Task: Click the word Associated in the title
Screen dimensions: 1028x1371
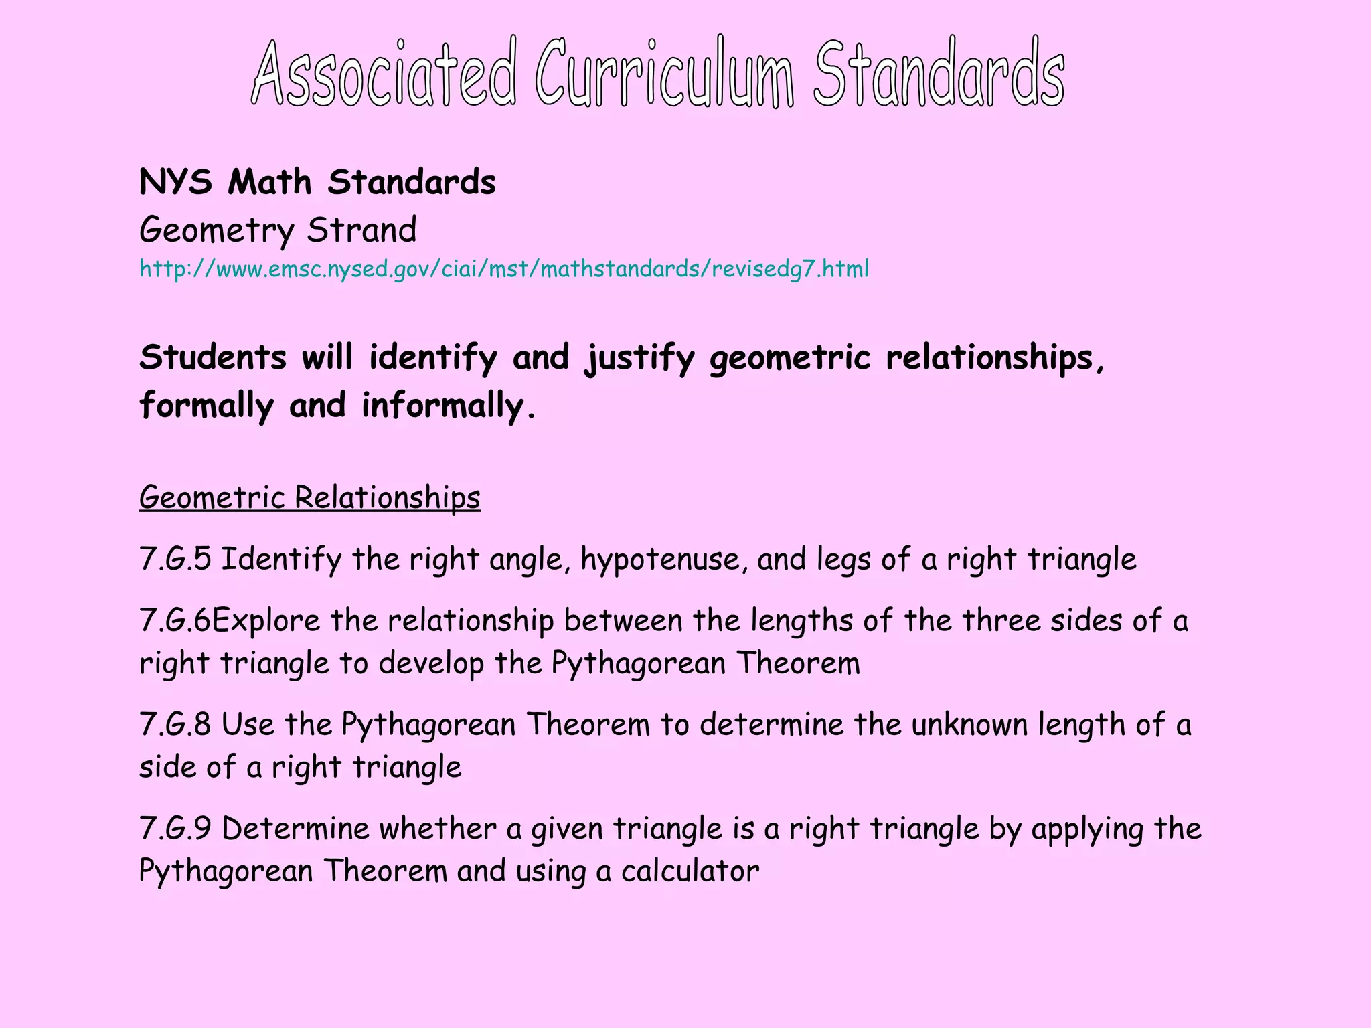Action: (384, 74)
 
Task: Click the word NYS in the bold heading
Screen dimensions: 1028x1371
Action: (175, 182)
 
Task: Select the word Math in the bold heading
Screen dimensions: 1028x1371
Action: (270, 182)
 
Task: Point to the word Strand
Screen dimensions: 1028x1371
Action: (361, 230)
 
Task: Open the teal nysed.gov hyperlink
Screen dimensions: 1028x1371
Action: (503, 269)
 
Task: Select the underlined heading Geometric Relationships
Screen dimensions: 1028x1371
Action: (309, 497)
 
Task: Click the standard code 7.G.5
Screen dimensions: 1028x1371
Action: (175, 559)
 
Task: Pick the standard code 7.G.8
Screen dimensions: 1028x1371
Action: (175, 725)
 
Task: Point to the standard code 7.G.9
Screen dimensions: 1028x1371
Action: (175, 829)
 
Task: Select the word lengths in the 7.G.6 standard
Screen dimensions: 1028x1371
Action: (801, 621)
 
